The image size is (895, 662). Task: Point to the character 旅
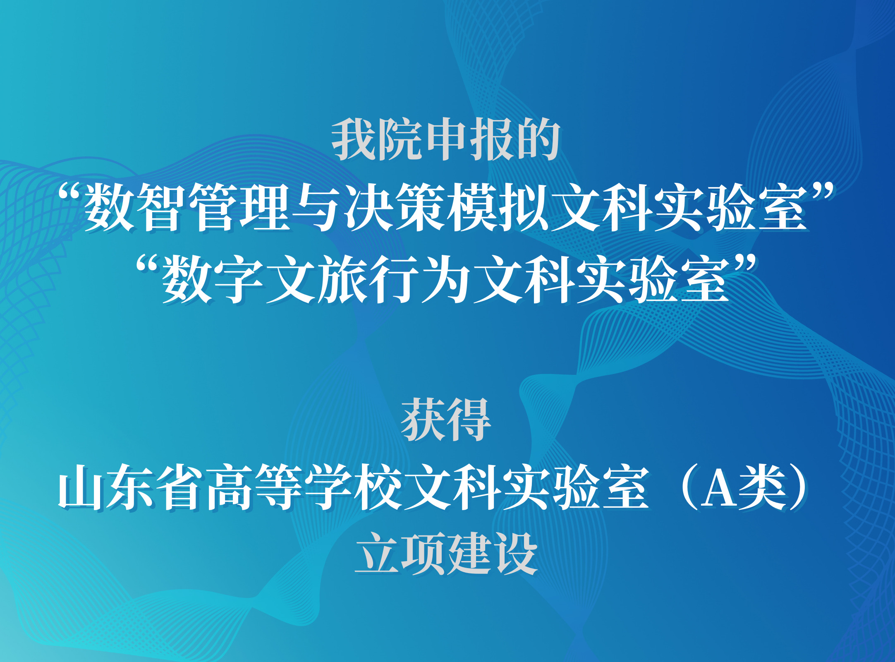pos(342,279)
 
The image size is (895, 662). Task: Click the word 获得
pos(446,420)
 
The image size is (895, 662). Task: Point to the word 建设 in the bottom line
pos(492,554)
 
